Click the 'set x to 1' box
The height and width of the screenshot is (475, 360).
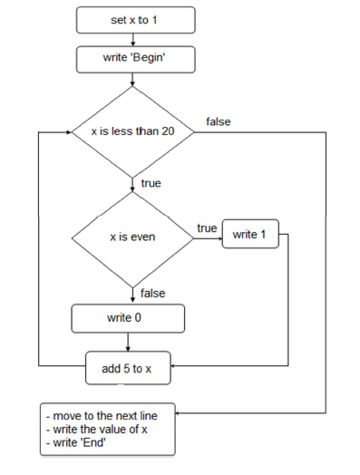coord(136,20)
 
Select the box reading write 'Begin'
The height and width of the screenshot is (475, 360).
coord(136,60)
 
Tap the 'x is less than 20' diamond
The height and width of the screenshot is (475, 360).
coord(132,132)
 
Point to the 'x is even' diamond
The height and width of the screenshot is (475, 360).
coord(132,238)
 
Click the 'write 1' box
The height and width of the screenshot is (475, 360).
coord(250,234)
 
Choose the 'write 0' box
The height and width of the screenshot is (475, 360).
coord(128,318)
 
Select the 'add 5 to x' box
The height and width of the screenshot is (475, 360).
coord(128,368)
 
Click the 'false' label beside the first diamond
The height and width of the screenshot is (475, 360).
coord(219,121)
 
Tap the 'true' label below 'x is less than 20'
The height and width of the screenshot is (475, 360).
coord(151,183)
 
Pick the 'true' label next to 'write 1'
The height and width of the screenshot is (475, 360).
coord(207,228)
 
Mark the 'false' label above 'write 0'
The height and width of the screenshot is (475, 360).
coord(152,293)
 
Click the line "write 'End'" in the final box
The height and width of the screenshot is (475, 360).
coord(76,442)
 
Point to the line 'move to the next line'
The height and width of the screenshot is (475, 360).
coord(102,416)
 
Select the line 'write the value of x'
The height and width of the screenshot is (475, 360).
coord(97,430)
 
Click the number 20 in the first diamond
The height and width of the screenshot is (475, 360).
coord(168,131)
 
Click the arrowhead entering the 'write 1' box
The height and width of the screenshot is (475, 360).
coord(220,238)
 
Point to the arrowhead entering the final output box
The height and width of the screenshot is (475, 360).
coord(178,412)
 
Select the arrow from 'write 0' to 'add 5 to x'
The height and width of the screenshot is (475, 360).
coord(128,342)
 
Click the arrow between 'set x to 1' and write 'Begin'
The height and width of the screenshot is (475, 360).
coord(132,40)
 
